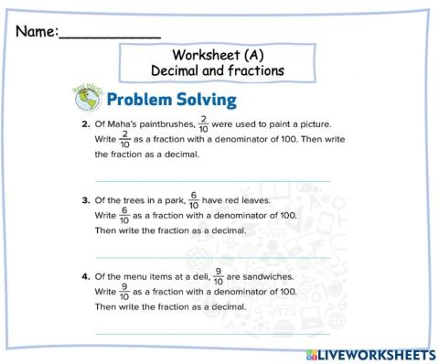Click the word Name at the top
(x=35, y=32)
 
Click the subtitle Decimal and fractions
(x=218, y=70)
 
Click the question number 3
(x=84, y=199)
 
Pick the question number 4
(x=84, y=275)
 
